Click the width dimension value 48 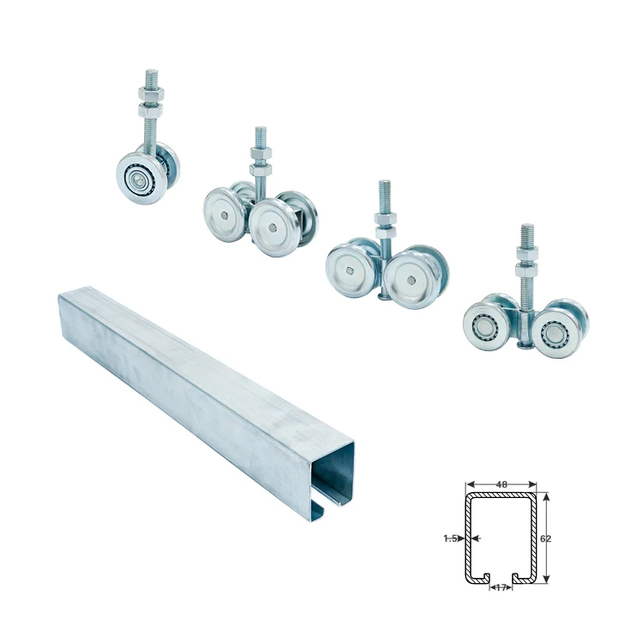pos(501,484)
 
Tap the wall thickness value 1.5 pos(450,538)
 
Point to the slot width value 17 pos(501,588)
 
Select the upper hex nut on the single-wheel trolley pos(151,88)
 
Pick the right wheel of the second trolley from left pos(271,227)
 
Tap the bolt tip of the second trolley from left pos(260,132)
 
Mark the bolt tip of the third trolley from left pos(384,185)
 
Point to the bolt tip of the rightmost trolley pos(526,229)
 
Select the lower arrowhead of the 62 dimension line pos(546,579)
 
